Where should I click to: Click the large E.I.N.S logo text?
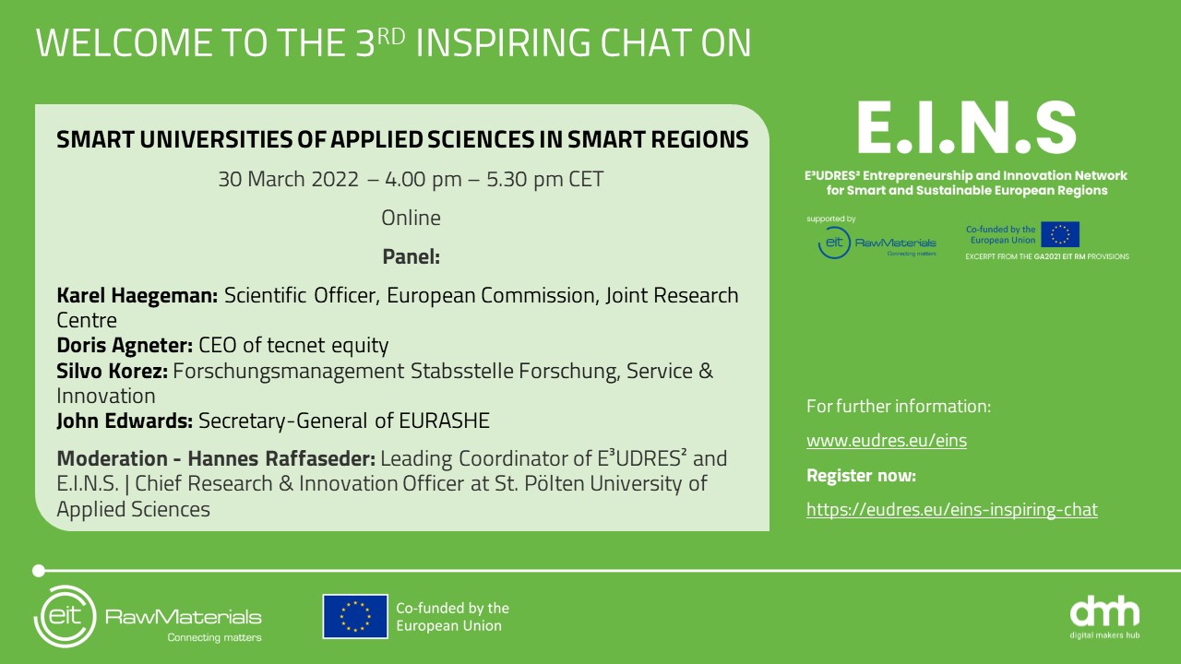pyautogui.click(x=966, y=127)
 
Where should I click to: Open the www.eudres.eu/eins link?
pyautogui.click(x=887, y=440)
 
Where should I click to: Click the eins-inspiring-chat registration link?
pyautogui.click(x=951, y=510)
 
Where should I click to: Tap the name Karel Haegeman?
pyautogui.click(x=137, y=296)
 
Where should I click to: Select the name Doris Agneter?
pyautogui.click(x=125, y=345)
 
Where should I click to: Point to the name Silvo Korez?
pyautogui.click(x=112, y=371)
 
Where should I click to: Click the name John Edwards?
pyautogui.click(x=125, y=421)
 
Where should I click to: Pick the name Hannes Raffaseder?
pyautogui.click(x=281, y=458)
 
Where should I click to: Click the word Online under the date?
pyautogui.click(x=411, y=218)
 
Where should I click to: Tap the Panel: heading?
pyautogui.click(x=411, y=256)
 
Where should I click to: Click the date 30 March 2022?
pyautogui.click(x=289, y=179)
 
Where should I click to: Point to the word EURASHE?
pyautogui.click(x=444, y=421)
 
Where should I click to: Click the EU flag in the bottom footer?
pyautogui.click(x=355, y=617)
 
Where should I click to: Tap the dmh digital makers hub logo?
pyautogui.click(x=1104, y=617)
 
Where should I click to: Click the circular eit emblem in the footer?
pyautogui.click(x=66, y=616)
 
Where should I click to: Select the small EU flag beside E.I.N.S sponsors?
pyautogui.click(x=1060, y=234)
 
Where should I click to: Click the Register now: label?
pyautogui.click(x=861, y=475)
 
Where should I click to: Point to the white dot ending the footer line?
pyautogui.click(x=39, y=571)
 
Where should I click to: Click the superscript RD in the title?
pyautogui.click(x=390, y=36)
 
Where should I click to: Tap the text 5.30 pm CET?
pyautogui.click(x=544, y=179)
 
